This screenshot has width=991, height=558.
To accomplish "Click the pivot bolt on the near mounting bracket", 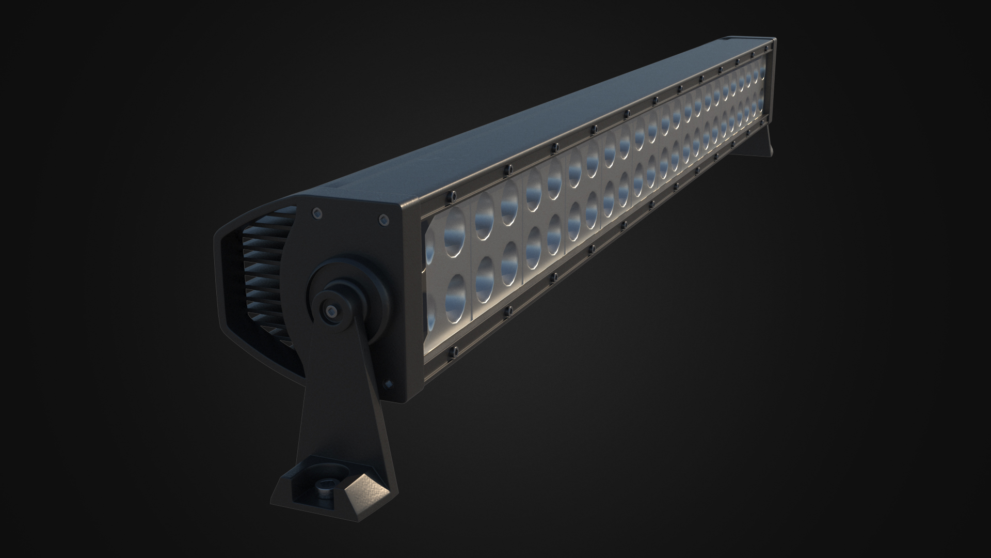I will click(x=329, y=310).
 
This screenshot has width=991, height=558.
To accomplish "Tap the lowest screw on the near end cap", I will click(x=387, y=383).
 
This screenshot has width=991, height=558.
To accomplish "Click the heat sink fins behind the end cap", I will click(x=263, y=274).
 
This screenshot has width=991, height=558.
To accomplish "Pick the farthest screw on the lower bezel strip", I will click(x=763, y=122).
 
